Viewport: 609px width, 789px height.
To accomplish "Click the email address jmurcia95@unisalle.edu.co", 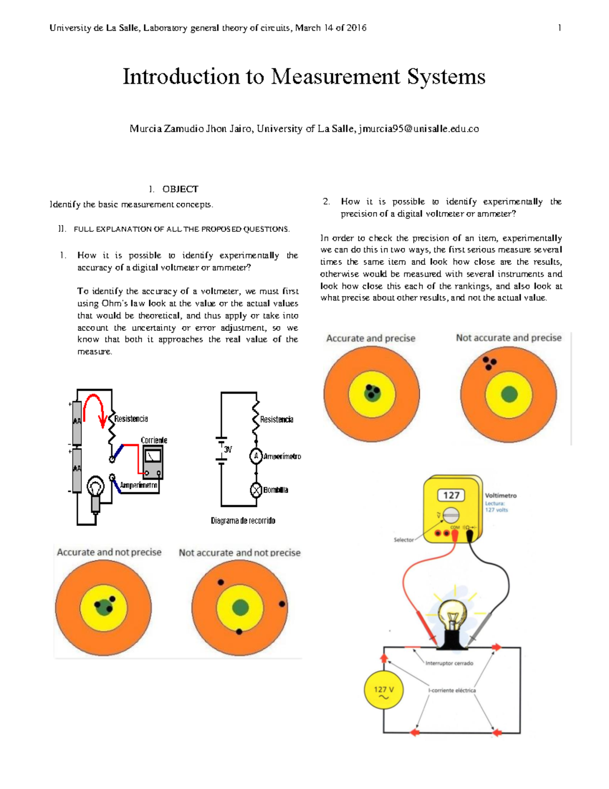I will click(x=419, y=129).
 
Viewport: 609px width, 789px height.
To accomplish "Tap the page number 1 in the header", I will click(x=559, y=28).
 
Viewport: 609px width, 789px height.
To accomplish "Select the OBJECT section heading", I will click(x=180, y=189).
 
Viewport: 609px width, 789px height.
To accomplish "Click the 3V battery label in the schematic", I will click(x=228, y=450).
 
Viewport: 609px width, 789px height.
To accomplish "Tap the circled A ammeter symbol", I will click(x=256, y=456).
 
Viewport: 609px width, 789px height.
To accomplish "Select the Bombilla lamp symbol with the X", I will click(x=256, y=490).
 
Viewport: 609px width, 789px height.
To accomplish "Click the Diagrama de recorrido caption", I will click(x=243, y=521).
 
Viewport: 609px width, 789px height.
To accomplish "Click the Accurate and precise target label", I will click(x=370, y=338).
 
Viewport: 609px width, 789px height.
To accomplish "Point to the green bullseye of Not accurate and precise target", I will click(x=509, y=394).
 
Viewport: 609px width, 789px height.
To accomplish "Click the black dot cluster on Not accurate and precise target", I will click(x=489, y=363).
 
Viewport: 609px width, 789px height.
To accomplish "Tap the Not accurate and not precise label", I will click(x=240, y=553).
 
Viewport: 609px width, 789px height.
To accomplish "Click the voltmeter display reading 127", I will click(x=451, y=495).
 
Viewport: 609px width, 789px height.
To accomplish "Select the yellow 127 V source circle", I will click(x=384, y=690).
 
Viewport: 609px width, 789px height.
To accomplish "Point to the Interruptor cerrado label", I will click(x=449, y=663).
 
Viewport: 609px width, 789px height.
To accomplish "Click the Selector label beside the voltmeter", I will click(x=403, y=540).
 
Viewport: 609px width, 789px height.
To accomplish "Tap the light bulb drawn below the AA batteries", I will click(x=95, y=489).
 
